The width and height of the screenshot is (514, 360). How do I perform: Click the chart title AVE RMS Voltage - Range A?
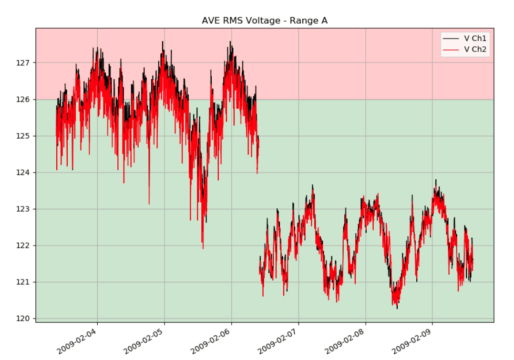[x=265, y=20]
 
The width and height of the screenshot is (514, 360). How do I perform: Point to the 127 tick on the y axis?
[x=25, y=63]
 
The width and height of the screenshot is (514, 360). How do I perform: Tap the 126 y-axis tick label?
[x=25, y=100]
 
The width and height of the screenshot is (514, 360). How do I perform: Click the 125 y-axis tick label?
[x=25, y=136]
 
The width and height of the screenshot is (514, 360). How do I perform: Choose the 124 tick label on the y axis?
[x=25, y=173]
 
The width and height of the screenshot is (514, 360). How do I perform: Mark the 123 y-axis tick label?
[x=25, y=209]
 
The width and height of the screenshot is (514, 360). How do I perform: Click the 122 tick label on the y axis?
[x=25, y=246]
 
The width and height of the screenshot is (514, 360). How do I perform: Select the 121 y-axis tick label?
[x=25, y=282]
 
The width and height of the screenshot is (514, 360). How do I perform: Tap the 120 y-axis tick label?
[x=25, y=319]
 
